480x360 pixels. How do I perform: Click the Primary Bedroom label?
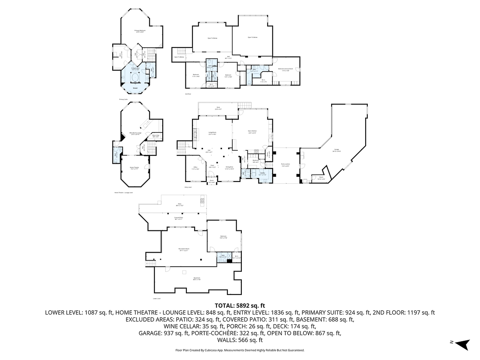[139, 31]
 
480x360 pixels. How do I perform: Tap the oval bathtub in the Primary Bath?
[135, 79]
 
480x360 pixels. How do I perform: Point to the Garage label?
[336, 150]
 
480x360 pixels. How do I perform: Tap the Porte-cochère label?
[285, 165]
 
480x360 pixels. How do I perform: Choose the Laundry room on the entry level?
[263, 174]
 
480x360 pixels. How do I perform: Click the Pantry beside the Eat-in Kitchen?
[269, 153]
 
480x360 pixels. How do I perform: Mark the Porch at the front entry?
[212, 181]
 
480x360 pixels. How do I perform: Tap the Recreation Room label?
[183, 250]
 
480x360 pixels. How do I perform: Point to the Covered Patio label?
[178, 218]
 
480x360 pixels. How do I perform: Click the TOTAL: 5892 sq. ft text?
[240, 306]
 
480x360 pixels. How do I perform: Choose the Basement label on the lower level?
[196, 279]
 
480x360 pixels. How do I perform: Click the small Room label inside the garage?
[321, 178]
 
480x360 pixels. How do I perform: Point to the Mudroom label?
[256, 161]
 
